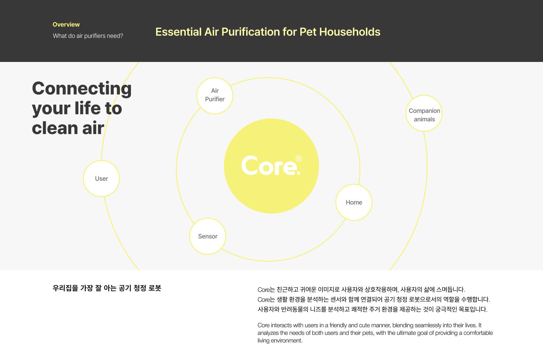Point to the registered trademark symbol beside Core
pyautogui.click(x=299, y=158)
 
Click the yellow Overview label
pyautogui.click(x=66, y=25)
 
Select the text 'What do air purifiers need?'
pyautogui.click(x=88, y=36)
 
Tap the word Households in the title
pyautogui.click(x=350, y=32)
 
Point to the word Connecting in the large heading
pyautogui.click(x=82, y=89)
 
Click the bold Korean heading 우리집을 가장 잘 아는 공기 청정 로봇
pyautogui.click(x=107, y=288)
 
